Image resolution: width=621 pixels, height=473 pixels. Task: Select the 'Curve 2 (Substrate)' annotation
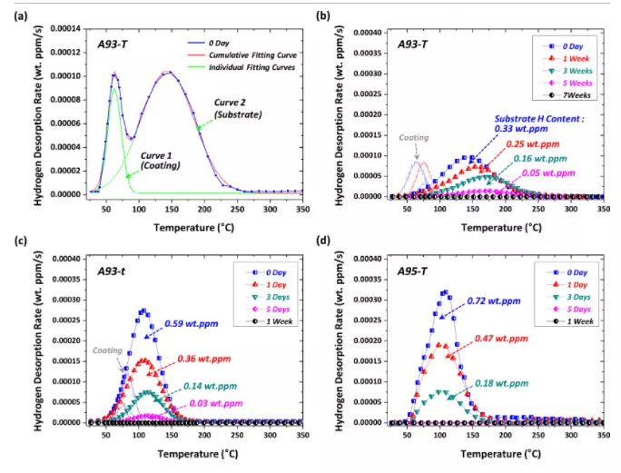pos(238,108)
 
